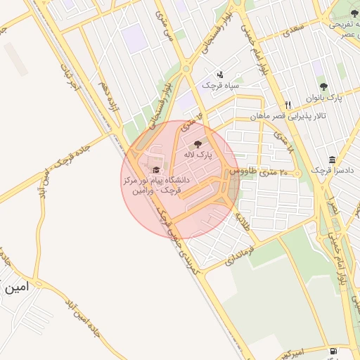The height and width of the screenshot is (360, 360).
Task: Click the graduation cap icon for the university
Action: pyautogui.click(x=155, y=169)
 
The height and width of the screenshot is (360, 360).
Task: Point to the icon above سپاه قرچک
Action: pyautogui.click(x=220, y=75)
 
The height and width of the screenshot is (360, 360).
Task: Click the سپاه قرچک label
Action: pyautogui.click(x=220, y=85)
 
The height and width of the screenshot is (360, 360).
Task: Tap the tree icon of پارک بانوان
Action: pyautogui.click(x=323, y=86)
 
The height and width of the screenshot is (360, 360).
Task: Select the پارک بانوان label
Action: pyautogui.click(x=323, y=98)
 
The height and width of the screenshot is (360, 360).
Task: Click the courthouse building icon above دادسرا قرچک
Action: pyautogui.click(x=332, y=159)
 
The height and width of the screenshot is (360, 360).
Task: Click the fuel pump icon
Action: pyautogui.click(x=331, y=350)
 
